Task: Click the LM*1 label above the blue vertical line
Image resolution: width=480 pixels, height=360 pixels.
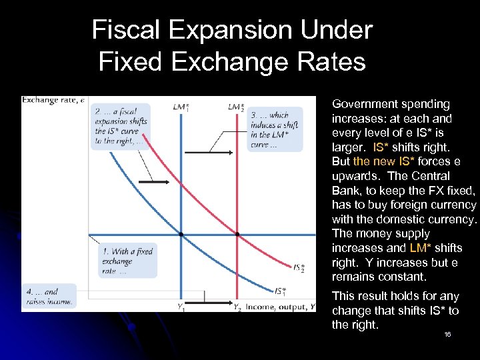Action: pyautogui.click(x=181, y=107)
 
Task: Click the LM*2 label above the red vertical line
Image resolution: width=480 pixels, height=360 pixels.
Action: pyautogui.click(x=236, y=107)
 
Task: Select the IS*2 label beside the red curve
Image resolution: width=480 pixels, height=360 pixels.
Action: pyautogui.click(x=299, y=268)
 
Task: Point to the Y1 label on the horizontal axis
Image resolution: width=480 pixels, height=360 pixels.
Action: pyautogui.click(x=181, y=307)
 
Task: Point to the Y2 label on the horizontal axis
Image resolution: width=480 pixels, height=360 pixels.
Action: pyautogui.click(x=237, y=307)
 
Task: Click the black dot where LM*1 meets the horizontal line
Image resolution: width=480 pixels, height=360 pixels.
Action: pyautogui.click(x=181, y=234)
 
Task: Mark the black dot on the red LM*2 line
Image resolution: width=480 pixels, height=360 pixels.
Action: pyautogui.click(x=237, y=234)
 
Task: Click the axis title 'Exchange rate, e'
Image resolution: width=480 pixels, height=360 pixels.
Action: pyautogui.click(x=53, y=101)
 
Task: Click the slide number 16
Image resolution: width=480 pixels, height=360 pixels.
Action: pyautogui.click(x=447, y=334)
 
